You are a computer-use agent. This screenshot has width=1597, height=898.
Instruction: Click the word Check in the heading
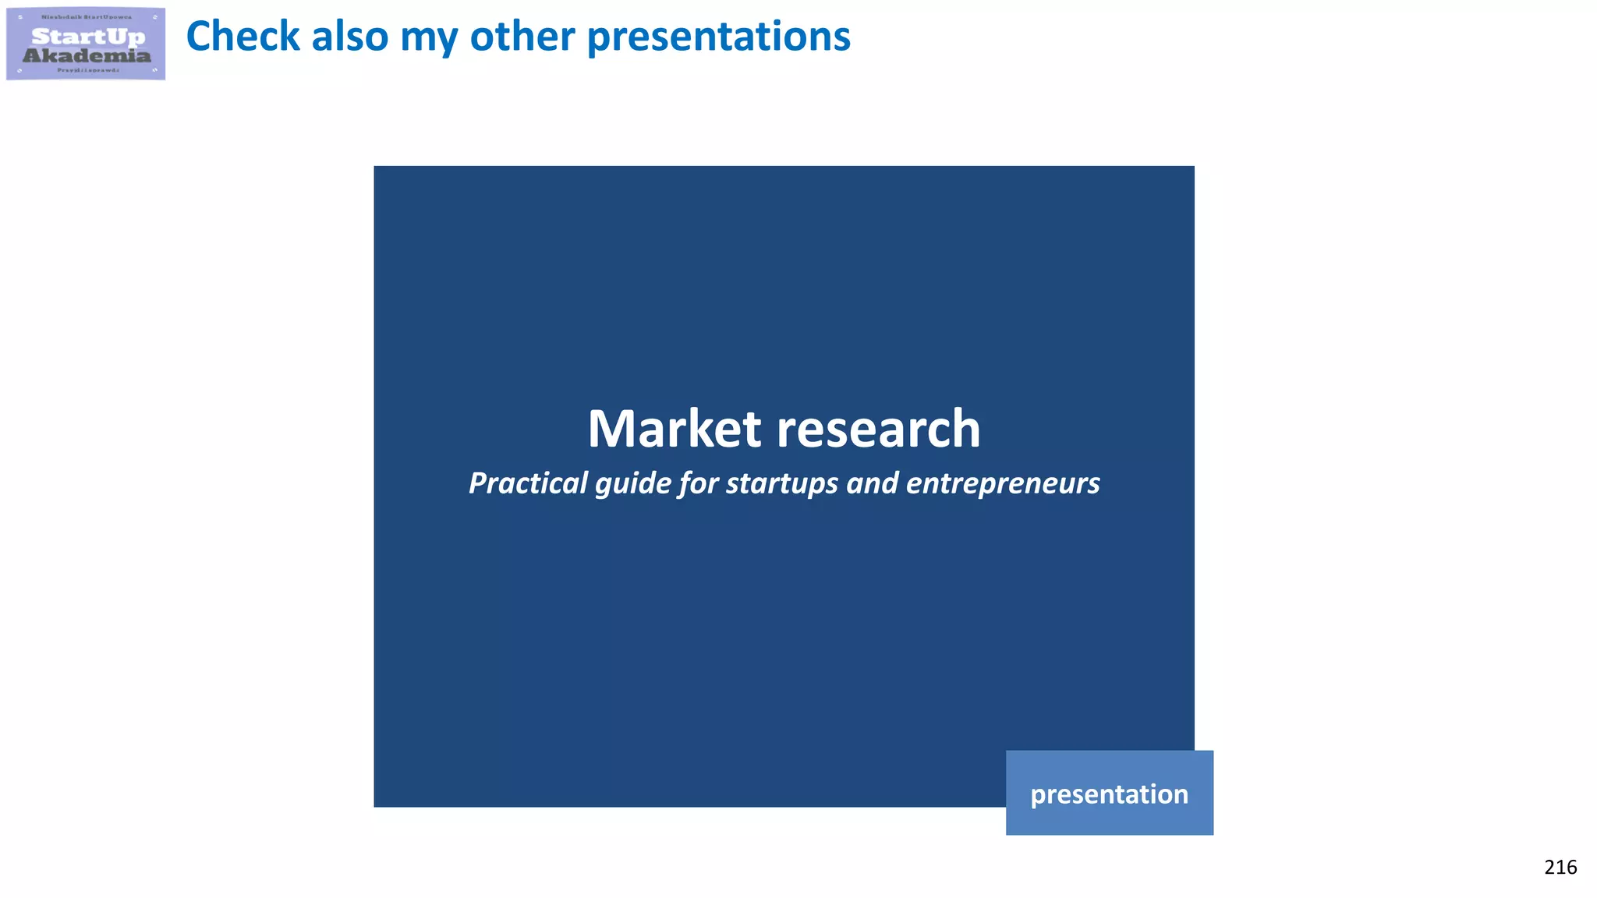pyautogui.click(x=243, y=37)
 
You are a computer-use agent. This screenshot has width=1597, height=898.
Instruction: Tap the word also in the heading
pyautogui.click(x=349, y=37)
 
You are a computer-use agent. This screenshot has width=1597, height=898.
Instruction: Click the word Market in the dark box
pyautogui.click(x=674, y=429)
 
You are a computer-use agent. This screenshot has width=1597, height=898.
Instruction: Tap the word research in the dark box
pyautogui.click(x=879, y=429)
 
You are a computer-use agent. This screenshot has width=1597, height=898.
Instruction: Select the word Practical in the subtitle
pyautogui.click(x=528, y=483)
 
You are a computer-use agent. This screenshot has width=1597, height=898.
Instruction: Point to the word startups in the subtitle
pyautogui.click(x=782, y=484)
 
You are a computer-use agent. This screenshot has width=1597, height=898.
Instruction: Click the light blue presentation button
pyautogui.click(x=1109, y=793)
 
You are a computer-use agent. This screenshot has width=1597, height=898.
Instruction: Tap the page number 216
pyautogui.click(x=1560, y=868)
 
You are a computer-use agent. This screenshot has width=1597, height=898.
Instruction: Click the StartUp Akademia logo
pyautogui.click(x=86, y=44)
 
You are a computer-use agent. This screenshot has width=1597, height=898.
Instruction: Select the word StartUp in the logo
pyautogui.click(x=88, y=36)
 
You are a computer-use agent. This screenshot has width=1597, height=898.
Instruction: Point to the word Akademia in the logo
pyautogui.click(x=87, y=55)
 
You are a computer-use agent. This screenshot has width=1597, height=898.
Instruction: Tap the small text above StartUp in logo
pyautogui.click(x=87, y=17)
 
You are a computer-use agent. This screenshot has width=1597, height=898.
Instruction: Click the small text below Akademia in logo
pyautogui.click(x=88, y=70)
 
